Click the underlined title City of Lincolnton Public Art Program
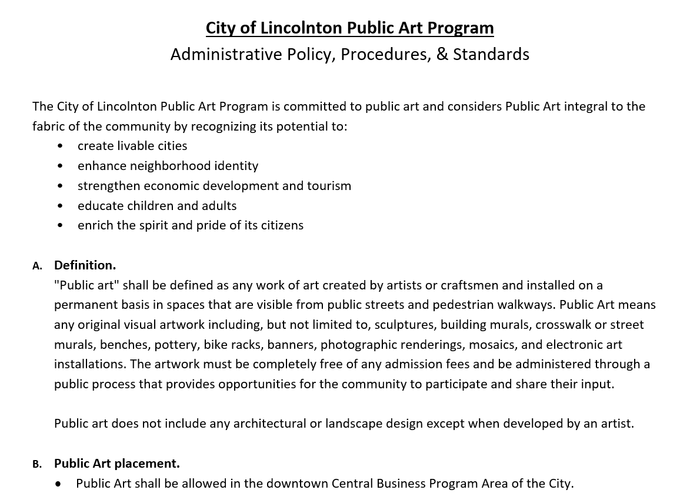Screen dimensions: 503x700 pos(349,28)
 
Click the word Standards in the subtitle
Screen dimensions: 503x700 pos(491,54)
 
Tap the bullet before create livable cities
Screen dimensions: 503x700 pos(61,146)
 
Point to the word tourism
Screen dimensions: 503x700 pos(329,186)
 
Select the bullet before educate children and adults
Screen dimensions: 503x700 pos(61,206)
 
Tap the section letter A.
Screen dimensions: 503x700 pos(36,266)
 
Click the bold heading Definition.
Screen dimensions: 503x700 pos(85,265)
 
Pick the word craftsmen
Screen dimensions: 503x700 pos(469,285)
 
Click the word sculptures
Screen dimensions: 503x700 pos(405,325)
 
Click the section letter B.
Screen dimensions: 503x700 pos(36,464)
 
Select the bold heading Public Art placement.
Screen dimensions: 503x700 pos(116,464)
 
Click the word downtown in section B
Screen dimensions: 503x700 pos(297,484)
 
